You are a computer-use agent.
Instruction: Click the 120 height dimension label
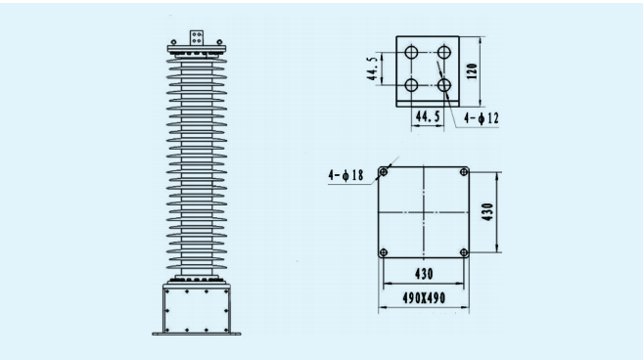pos(473,72)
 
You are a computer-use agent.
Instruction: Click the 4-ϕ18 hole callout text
pos(345,176)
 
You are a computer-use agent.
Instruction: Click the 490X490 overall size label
pos(425,296)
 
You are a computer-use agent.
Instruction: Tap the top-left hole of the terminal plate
pos(411,53)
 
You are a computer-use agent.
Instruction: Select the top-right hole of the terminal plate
pos(446,53)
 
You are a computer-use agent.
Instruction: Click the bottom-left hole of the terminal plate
pos(411,86)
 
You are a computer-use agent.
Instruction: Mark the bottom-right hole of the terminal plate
pos(446,86)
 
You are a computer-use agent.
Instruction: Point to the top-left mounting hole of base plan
pos(385,173)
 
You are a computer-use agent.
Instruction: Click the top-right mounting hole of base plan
pos(465,173)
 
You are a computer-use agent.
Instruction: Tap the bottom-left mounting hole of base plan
pos(385,251)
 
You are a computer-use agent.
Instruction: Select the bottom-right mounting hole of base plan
pos(465,251)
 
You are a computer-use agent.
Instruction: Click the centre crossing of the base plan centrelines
pos(425,212)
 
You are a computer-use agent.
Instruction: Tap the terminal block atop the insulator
pos(196,38)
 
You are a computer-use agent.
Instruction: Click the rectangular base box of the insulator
pos(196,309)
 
